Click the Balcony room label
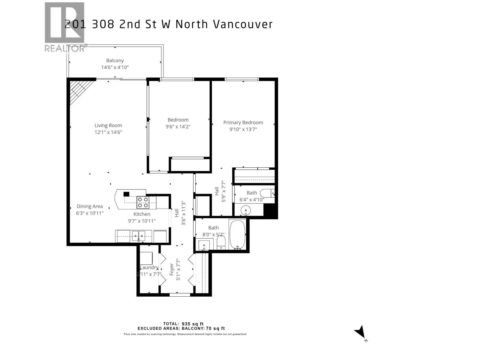115,61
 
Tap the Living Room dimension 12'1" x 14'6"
108,132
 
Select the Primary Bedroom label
243,122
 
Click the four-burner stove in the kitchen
143,202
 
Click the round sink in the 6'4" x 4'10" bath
246,210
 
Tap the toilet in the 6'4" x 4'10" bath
267,193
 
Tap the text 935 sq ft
193,324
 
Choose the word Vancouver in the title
243,24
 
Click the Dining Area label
90,206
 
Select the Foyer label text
172,269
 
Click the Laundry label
149,268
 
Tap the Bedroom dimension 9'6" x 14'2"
178,127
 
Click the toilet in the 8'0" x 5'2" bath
221,242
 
